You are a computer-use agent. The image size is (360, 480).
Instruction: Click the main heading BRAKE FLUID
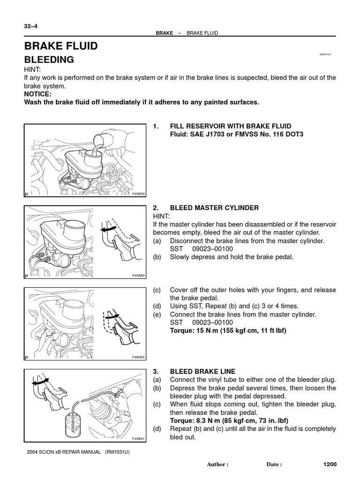tap(61, 46)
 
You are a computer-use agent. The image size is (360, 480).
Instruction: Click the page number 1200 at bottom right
tap(330, 464)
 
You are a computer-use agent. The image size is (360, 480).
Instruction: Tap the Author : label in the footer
tap(217, 465)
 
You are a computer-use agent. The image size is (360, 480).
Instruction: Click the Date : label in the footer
tap(274, 465)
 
